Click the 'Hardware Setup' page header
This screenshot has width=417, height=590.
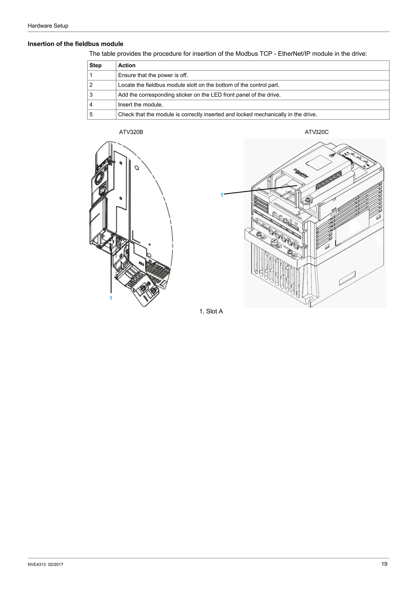click(48, 26)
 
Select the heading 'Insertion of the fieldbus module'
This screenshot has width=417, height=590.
click(75, 44)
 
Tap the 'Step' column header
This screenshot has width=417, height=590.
click(95, 66)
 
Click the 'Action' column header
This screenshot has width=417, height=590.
click(127, 66)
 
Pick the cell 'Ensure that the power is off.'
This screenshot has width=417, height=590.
click(153, 75)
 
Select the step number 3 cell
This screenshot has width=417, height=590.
click(91, 95)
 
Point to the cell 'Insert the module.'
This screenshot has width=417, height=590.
click(140, 105)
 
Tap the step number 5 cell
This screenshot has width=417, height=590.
click(91, 114)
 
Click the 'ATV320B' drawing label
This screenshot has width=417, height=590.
click(131, 132)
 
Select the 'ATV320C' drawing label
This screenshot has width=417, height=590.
click(317, 132)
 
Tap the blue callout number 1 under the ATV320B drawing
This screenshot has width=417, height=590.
click(111, 298)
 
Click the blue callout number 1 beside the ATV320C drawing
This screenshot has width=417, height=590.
click(222, 195)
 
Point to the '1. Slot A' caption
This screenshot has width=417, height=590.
click(211, 311)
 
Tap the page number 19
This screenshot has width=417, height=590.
click(384, 564)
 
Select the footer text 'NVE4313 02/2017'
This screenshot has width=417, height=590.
click(45, 565)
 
